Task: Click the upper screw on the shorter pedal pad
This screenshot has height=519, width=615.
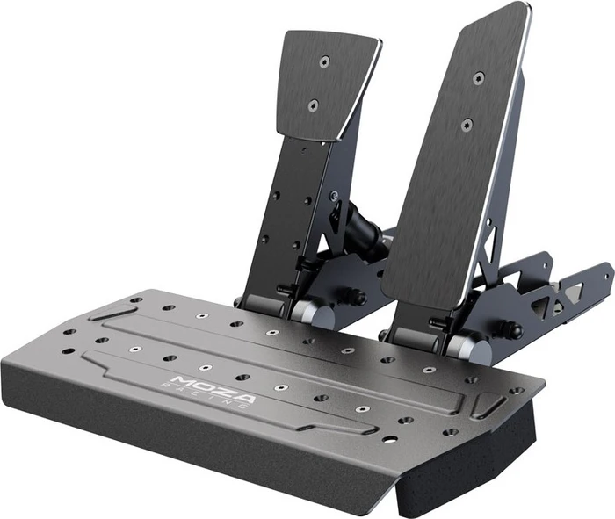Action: point(323,61)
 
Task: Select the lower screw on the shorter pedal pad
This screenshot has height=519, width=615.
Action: point(313,105)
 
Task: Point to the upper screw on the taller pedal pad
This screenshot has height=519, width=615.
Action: point(479,77)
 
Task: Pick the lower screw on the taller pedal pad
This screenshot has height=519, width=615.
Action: point(467,126)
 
